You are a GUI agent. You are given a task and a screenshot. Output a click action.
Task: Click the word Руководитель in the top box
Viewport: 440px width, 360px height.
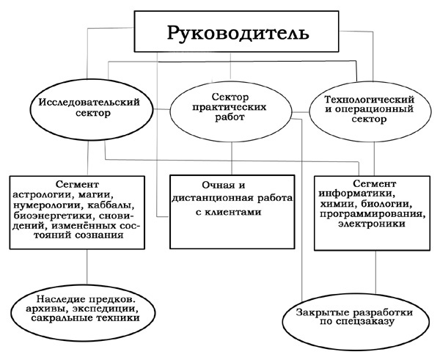click(x=238, y=34)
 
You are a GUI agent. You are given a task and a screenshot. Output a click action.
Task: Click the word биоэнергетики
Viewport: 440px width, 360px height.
click(x=52, y=216)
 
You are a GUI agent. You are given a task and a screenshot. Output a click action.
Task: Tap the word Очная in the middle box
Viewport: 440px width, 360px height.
click(x=214, y=185)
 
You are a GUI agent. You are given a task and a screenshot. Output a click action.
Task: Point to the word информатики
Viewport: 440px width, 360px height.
click(x=356, y=194)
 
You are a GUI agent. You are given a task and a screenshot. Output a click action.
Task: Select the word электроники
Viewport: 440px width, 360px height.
click(x=372, y=224)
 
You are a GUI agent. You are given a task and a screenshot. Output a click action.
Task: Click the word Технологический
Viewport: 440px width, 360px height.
click(x=370, y=100)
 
